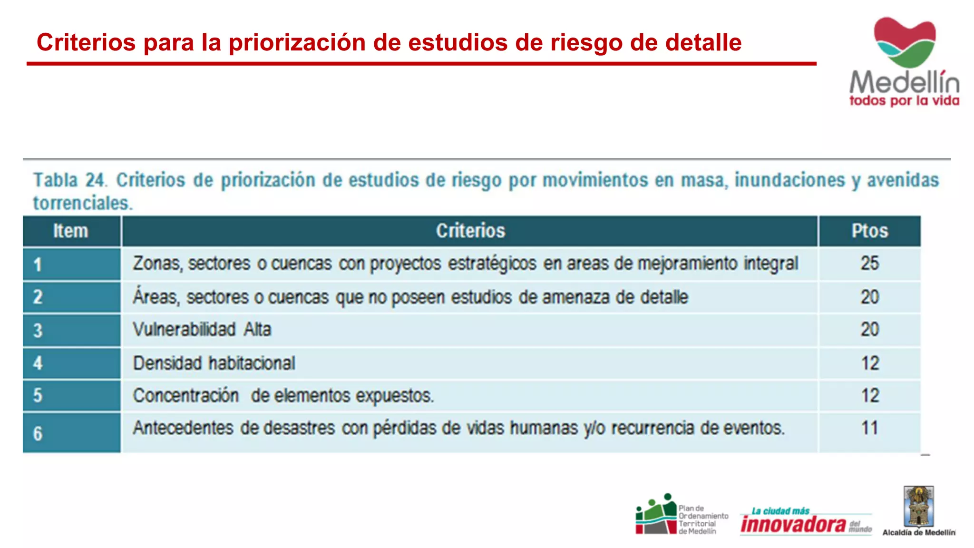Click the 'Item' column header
click(70, 231)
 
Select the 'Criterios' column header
click(470, 231)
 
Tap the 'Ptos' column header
click(869, 231)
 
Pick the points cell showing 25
click(869, 264)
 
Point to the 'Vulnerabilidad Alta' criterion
click(202, 329)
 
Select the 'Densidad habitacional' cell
click(214, 363)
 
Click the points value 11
click(869, 428)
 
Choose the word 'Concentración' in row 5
click(185, 396)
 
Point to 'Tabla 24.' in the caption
click(70, 180)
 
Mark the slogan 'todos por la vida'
click(904, 101)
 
